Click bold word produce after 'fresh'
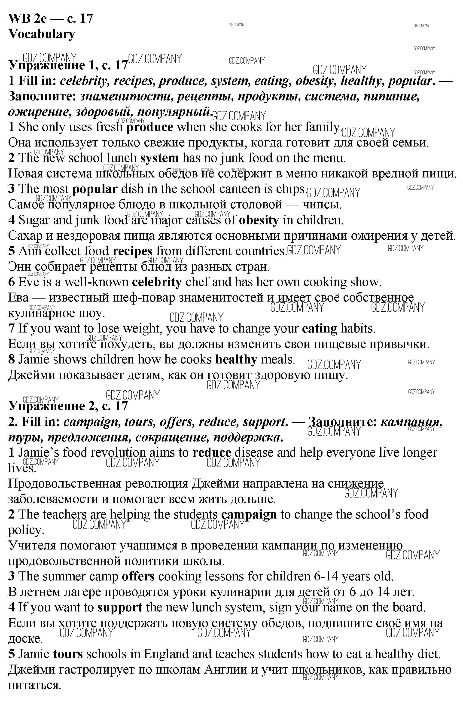[149, 127]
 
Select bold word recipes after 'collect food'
[132, 251]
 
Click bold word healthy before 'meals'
[236, 360]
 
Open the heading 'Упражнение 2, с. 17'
[68, 406]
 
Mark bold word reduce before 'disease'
[211, 452]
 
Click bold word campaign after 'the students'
[249, 515]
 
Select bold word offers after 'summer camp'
[138, 576]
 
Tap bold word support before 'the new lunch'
[120, 607]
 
